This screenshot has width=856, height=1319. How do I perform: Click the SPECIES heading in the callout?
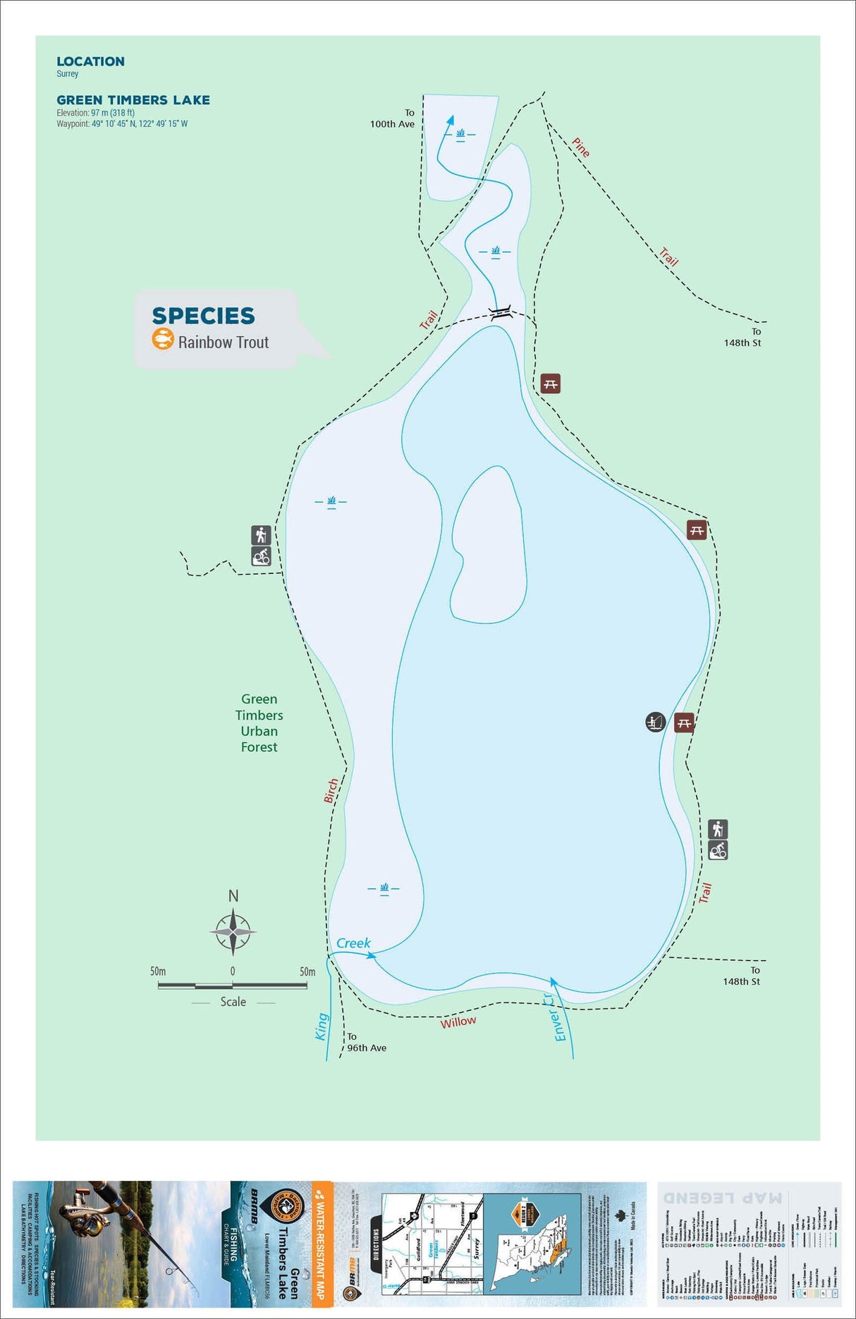[x=203, y=316]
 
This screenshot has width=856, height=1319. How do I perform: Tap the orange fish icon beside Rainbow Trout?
[x=163, y=339]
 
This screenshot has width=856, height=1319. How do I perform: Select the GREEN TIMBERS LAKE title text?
[x=133, y=100]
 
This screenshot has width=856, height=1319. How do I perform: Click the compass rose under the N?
[x=233, y=931]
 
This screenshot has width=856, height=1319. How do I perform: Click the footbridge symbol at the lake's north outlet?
[x=501, y=313]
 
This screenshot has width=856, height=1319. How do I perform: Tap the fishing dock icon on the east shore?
[x=656, y=722]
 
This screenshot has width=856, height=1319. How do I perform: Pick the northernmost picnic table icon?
[x=550, y=384]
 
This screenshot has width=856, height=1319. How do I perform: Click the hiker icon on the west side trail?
[x=261, y=535]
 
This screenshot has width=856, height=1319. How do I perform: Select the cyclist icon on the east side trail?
[x=718, y=850]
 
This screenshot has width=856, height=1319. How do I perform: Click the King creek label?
[x=322, y=1026]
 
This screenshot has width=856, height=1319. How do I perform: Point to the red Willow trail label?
[x=458, y=1022]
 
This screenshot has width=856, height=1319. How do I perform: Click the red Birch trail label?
[x=331, y=791]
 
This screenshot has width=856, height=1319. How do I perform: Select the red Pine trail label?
[x=580, y=147]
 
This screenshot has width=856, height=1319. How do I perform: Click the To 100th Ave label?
[x=393, y=118]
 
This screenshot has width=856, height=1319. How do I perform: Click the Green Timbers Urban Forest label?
[x=259, y=723]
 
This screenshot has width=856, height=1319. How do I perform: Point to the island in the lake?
[x=489, y=546]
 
